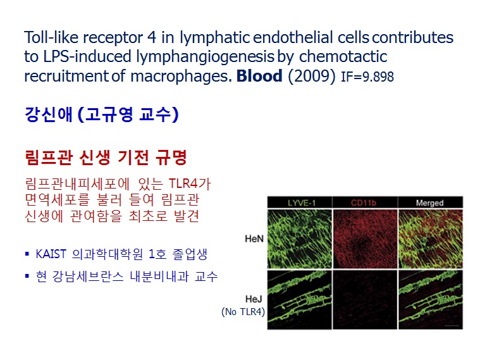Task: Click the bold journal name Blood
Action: point(259,76)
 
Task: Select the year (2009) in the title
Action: point(312,76)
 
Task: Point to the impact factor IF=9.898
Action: point(367,77)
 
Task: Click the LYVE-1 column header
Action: point(302,203)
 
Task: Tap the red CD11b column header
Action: point(364,203)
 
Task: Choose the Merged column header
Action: point(429,203)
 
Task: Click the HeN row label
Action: point(254,239)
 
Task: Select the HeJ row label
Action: point(254,299)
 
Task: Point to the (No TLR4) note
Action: point(243,311)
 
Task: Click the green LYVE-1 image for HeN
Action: point(299,239)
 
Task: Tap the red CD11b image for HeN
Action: point(365,239)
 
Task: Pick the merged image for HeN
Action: point(431,239)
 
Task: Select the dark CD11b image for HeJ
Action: point(365,300)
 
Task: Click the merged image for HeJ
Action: point(431,300)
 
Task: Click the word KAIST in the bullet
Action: point(51,254)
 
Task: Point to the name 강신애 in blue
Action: point(49,115)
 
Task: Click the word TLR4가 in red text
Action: point(190,184)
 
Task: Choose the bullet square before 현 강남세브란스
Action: point(27,276)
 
